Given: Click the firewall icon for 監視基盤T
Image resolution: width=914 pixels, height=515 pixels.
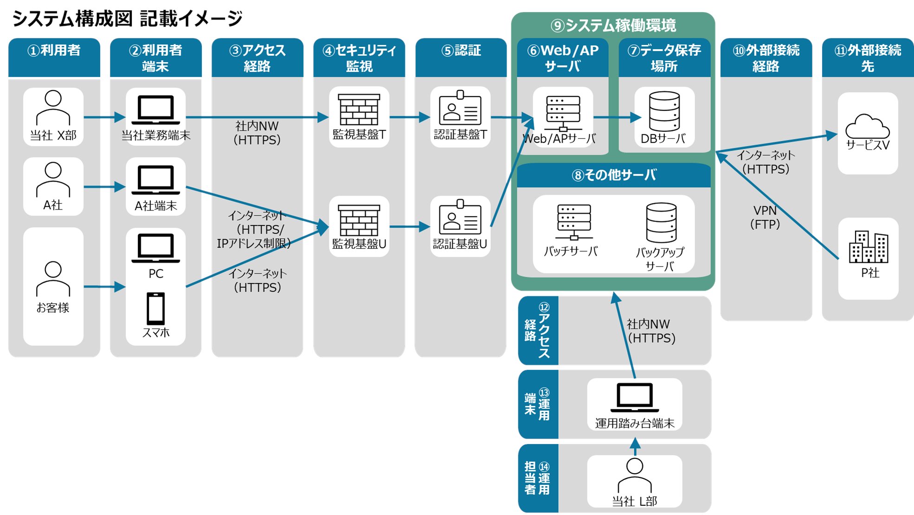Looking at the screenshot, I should (359, 109).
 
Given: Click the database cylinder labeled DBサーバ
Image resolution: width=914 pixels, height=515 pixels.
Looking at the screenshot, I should (664, 111).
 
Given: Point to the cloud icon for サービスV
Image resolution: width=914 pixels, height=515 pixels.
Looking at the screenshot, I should (867, 126).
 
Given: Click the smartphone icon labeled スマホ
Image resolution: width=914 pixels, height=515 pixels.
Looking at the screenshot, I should (155, 308).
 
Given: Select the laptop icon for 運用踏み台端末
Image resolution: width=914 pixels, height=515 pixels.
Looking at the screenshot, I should (634, 398).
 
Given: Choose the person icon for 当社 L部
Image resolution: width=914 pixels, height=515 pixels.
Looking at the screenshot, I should (634, 475).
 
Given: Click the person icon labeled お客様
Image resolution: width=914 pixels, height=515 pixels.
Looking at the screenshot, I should (53, 279).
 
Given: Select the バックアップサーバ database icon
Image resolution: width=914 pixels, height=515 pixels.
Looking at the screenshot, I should (661, 223).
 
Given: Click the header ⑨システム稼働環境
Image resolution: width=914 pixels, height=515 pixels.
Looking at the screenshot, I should (613, 25).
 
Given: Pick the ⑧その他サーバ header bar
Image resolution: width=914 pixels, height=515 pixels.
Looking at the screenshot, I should (613, 175).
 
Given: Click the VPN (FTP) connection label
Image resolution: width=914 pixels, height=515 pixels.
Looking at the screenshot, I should (765, 217).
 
